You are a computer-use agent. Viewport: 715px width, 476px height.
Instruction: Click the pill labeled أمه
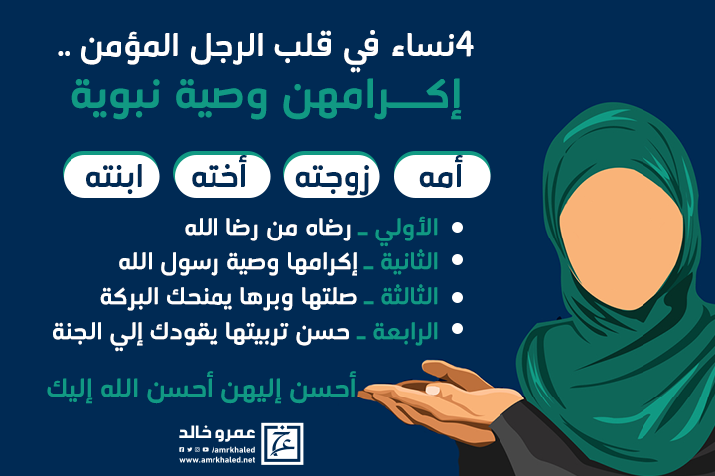coord(442,175)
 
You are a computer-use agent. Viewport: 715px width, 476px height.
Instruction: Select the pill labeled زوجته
coord(332,175)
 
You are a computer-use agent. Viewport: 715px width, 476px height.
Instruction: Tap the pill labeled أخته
coord(221,175)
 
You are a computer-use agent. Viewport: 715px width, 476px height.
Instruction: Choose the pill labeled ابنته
coord(111,175)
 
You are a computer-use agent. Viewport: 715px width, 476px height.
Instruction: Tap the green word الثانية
coord(409,262)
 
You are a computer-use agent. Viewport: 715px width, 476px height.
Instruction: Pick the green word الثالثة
coord(409,297)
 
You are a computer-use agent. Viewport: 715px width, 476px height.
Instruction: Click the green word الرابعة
coord(406,331)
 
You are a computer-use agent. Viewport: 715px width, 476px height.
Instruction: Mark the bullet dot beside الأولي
coord(457,228)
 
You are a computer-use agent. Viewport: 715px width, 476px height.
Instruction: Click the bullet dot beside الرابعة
coord(457,329)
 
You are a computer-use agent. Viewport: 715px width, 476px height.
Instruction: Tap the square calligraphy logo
coord(282,444)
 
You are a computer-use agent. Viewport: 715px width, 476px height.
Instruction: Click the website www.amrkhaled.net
coord(217,460)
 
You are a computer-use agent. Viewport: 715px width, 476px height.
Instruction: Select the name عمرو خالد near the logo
coord(217,433)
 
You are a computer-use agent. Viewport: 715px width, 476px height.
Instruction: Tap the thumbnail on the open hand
coord(432,390)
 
